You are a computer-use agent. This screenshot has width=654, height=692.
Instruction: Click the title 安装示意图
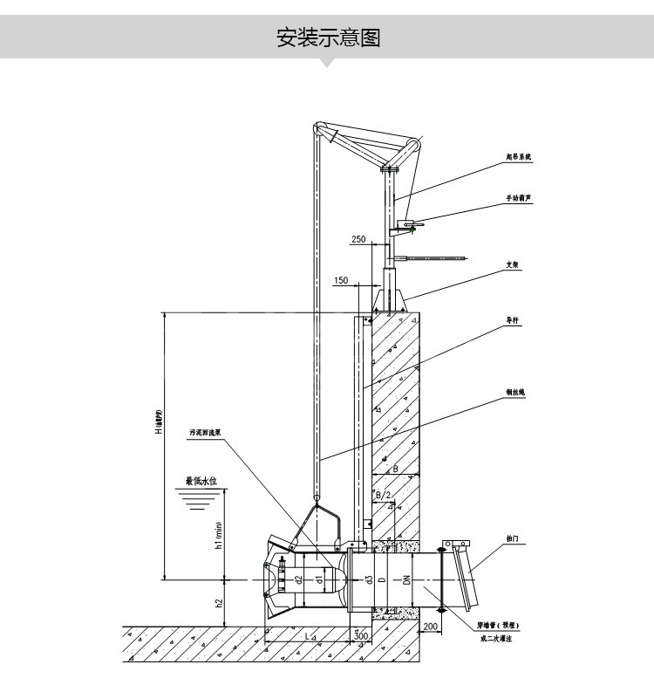(329, 38)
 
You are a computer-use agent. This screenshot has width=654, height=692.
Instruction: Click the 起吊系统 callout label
(518, 156)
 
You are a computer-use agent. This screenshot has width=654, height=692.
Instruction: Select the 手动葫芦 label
(518, 200)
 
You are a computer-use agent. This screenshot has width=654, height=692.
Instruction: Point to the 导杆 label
(514, 320)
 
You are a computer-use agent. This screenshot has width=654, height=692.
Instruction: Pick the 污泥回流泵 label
(205, 432)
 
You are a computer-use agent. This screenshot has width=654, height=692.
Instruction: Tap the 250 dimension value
(358, 238)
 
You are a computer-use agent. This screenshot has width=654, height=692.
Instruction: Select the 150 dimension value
(341, 281)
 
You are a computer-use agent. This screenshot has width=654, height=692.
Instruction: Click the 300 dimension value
(361, 637)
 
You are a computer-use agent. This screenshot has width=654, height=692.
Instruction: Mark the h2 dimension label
(220, 603)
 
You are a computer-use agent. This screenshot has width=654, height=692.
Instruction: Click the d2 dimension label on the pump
(299, 579)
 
